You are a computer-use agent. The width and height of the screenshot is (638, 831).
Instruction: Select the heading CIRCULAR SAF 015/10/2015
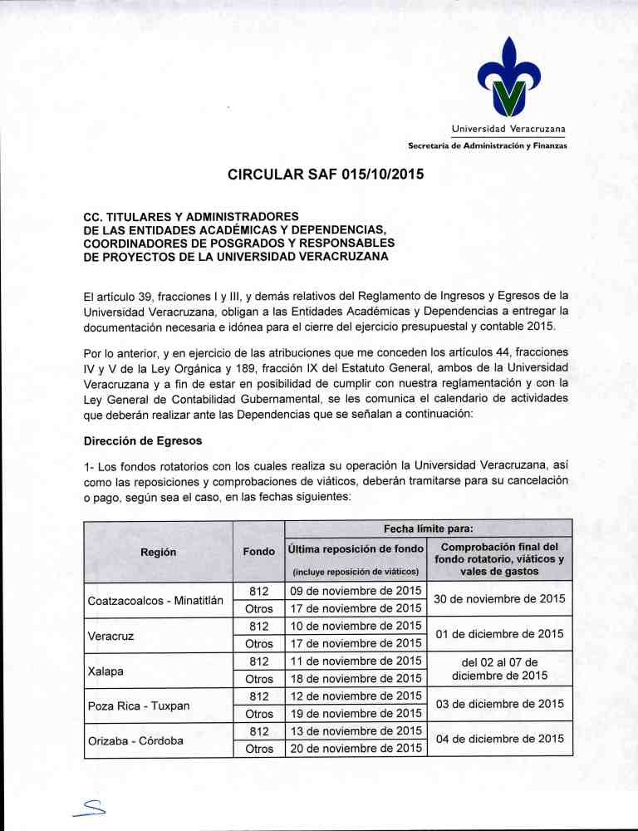click(318, 175)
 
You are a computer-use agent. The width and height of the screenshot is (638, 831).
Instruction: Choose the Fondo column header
click(258, 550)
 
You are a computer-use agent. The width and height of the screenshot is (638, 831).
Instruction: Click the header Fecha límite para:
click(428, 528)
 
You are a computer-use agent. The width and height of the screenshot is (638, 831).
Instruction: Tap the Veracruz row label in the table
click(110, 635)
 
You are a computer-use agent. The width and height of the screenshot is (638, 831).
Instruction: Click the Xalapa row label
click(106, 670)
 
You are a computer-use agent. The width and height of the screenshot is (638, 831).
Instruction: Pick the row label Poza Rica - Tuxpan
click(138, 706)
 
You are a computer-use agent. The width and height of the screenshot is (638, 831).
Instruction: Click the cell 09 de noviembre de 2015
click(355, 591)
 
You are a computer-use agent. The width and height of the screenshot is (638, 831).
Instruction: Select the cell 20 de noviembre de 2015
click(355, 749)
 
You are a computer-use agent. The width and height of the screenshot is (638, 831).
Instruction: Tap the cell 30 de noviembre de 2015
click(500, 599)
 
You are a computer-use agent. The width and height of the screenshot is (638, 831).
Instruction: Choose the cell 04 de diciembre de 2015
click(500, 740)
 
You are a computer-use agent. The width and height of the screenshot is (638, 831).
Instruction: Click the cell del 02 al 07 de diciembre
click(500, 669)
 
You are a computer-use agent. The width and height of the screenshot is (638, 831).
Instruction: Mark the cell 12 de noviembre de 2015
click(355, 696)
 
